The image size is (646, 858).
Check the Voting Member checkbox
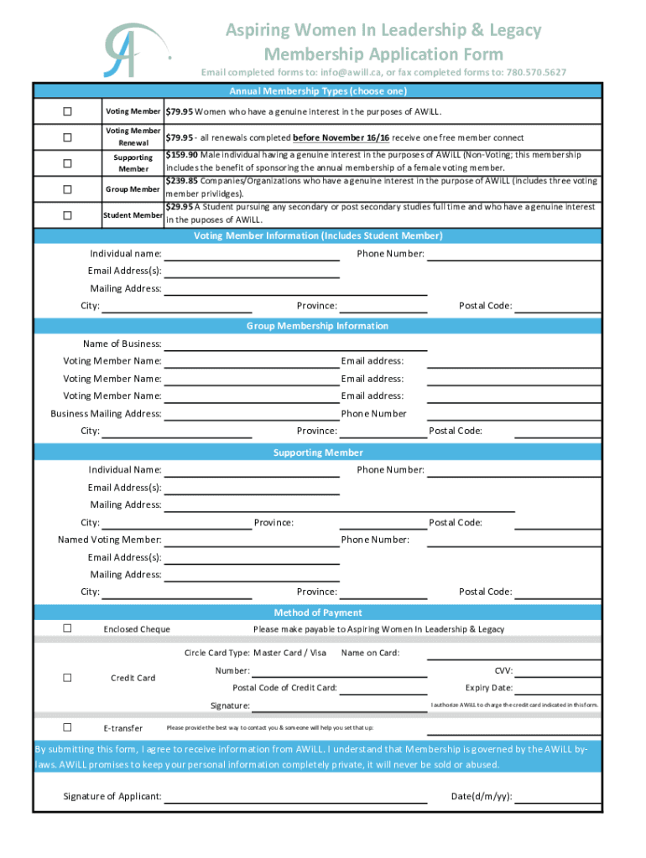coord(67,111)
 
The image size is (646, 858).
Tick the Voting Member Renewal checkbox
coord(67,137)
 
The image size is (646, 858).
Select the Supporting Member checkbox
coord(67,163)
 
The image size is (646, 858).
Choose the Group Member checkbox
coord(67,189)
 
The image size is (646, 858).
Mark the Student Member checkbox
coord(67,215)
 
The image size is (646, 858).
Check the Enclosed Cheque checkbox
coord(67,628)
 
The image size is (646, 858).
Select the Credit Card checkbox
coord(67,678)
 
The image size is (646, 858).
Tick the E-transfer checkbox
coord(67,727)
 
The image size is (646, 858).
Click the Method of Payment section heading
coord(318,612)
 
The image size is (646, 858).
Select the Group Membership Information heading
coord(318,326)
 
